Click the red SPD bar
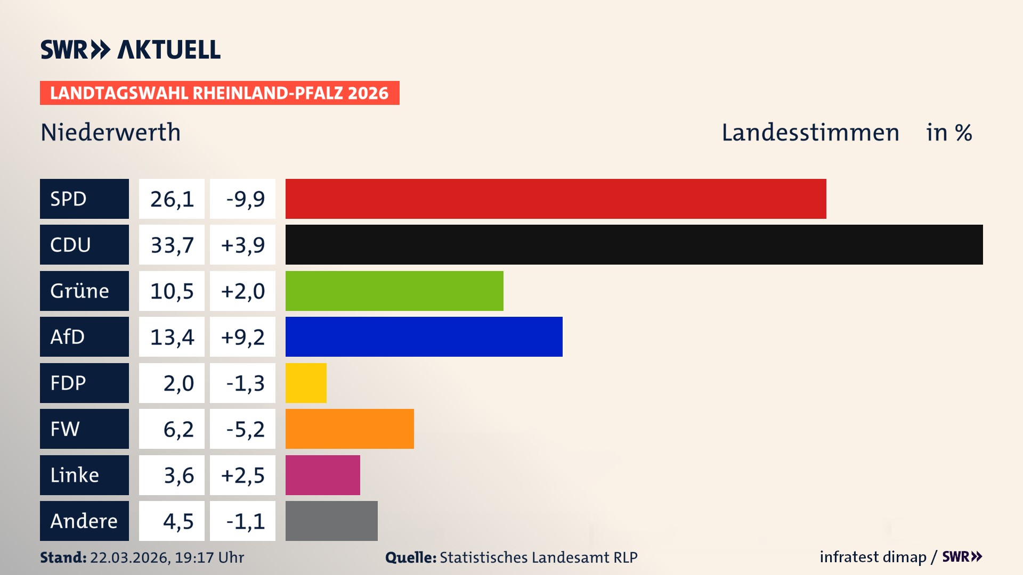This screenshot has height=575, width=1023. tap(555, 199)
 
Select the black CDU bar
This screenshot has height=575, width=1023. tap(634, 245)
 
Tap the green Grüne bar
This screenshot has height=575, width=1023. tap(394, 291)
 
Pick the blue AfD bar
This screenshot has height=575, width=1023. tap(424, 336)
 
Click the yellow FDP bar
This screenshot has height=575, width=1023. tap(306, 383)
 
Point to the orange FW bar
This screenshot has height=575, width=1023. tap(350, 429)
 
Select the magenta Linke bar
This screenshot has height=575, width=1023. tap(322, 475)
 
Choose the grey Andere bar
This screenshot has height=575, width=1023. tap(331, 521)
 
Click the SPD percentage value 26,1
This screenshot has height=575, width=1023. tap(172, 199)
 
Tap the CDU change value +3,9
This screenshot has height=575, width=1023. tap(242, 245)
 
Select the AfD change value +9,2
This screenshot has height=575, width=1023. tap(242, 337)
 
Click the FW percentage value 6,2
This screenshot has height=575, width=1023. tap(178, 429)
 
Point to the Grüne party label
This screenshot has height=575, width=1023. tap(80, 291)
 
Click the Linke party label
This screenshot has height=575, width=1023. tap(75, 475)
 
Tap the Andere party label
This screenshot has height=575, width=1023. tap(84, 521)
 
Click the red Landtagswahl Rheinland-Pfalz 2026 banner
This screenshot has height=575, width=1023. tap(220, 93)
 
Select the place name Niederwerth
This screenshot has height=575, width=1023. tap(111, 133)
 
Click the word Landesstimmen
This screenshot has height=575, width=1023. tap(810, 133)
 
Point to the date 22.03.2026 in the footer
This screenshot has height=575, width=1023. tap(129, 557)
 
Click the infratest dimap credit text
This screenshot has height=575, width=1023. tap(872, 557)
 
